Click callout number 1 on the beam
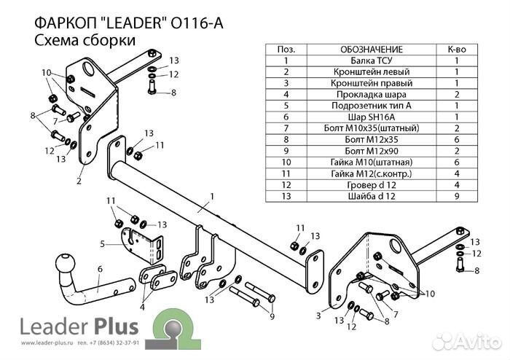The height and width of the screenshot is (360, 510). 211,196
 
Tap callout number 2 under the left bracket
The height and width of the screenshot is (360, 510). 78,182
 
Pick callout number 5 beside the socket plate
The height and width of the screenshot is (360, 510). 103,243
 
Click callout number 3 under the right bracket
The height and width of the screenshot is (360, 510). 318,314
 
